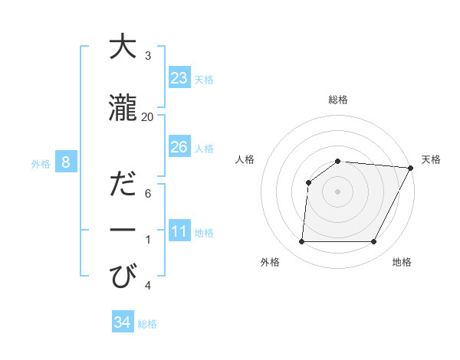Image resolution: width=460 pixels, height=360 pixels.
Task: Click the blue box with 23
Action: click(x=179, y=78)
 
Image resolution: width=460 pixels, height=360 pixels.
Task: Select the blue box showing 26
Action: click(x=179, y=147)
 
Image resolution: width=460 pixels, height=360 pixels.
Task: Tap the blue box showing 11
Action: click(x=179, y=231)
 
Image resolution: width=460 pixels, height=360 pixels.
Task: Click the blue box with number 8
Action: click(x=66, y=162)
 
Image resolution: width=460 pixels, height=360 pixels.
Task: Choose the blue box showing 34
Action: click(x=122, y=322)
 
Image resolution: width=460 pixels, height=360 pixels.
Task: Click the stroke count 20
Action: click(x=148, y=116)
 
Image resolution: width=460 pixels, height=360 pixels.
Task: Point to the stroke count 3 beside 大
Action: click(x=148, y=56)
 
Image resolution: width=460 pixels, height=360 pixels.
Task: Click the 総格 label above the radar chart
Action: click(x=337, y=100)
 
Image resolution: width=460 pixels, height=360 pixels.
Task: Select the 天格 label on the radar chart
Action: click(x=431, y=159)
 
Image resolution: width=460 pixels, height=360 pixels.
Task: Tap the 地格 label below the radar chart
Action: click(x=402, y=262)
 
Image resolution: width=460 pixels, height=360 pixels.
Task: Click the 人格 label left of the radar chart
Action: click(x=245, y=159)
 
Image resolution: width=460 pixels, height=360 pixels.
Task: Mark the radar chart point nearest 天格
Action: click(x=411, y=168)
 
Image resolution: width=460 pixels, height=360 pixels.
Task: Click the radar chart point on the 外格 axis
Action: click(x=301, y=242)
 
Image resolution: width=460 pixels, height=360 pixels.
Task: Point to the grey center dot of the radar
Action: click(x=337, y=191)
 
